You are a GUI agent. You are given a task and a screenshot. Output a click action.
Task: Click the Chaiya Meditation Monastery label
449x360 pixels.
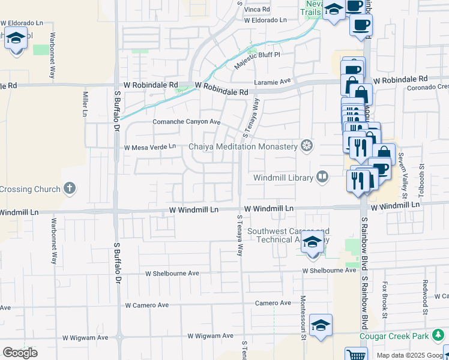click(243, 146)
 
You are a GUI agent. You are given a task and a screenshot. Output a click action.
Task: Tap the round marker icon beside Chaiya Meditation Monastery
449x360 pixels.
click(307, 146)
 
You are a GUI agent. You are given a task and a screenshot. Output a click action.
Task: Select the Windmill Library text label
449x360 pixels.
click(283, 178)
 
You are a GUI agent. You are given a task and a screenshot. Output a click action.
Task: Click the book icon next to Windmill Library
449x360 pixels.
click(322, 177)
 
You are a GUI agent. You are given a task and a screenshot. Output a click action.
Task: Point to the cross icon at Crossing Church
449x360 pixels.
click(70, 188)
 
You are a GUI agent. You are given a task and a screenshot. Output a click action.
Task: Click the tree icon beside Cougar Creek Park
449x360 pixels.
click(439, 335)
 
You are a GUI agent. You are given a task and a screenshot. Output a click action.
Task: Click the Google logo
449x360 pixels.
click(20, 353)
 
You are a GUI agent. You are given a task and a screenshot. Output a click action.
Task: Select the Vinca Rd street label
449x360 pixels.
click(256, 10)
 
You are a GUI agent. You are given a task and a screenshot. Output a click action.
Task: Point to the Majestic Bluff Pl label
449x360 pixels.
click(258, 59)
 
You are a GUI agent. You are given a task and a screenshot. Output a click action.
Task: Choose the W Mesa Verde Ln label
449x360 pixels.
click(149, 146)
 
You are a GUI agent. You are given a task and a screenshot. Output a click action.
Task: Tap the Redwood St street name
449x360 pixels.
click(424, 298)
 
